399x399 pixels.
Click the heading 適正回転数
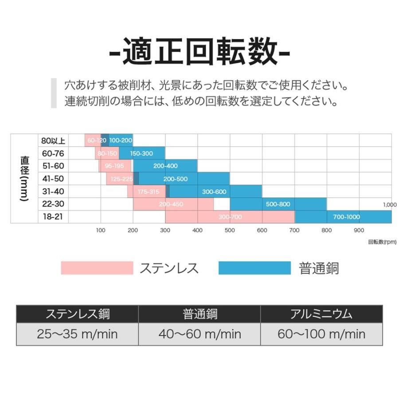[199, 52]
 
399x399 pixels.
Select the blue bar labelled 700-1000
[343, 217]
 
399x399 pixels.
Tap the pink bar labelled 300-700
[230, 217]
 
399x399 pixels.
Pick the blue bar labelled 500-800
[278, 204]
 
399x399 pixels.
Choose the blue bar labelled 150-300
[141, 153]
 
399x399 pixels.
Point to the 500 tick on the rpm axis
[230, 230]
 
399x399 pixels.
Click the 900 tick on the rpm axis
[359, 230]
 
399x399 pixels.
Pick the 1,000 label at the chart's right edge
[389, 204]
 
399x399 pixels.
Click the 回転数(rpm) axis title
[382, 242]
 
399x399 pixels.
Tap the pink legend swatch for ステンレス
[97, 268]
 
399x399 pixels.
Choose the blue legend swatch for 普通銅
[254, 268]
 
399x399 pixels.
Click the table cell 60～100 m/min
[321, 334]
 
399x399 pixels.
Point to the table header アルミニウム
[321, 314]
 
